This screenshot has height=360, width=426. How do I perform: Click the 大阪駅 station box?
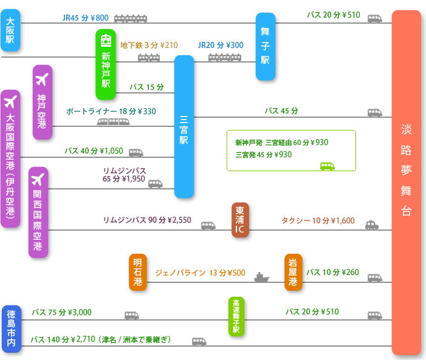(10, 30)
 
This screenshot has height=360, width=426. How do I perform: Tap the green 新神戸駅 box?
(106, 64)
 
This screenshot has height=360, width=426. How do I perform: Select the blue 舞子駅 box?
(265, 46)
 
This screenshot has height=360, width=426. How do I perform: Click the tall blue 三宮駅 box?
(184, 126)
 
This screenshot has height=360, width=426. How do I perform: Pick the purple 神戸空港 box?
(42, 102)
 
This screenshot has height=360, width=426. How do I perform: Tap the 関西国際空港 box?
(38, 212)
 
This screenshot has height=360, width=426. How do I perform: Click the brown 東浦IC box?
(240, 220)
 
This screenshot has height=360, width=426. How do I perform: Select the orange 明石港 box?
(138, 272)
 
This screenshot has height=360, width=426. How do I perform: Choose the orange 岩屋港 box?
(293, 272)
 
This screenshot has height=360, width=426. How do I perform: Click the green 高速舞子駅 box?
(236, 316)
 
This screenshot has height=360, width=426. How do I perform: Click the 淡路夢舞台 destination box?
(406, 182)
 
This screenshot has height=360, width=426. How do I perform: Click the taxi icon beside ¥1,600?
(371, 225)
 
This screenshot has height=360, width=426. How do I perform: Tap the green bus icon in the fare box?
(328, 165)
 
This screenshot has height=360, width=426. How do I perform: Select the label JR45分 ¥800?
(85, 18)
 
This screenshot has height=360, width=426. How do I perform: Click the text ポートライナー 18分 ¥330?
(111, 111)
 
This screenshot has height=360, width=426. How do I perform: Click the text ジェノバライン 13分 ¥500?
(200, 273)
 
